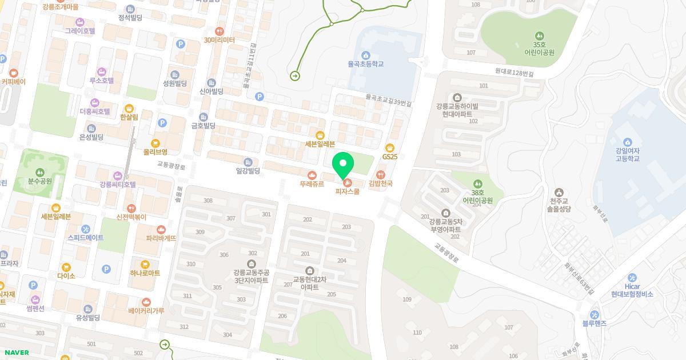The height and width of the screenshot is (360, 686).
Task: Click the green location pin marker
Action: pyautogui.click(x=343, y=165)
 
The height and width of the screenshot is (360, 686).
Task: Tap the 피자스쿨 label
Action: pyautogui.click(x=347, y=191)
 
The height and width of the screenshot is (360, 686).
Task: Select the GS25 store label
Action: pyautogui.click(x=390, y=157)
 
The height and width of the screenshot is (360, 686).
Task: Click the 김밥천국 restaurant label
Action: pyautogui.click(x=381, y=183)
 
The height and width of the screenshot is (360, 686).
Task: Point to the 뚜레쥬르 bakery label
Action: pyautogui.click(x=312, y=184)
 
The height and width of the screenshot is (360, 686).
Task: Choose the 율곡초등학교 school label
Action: pyautogui.click(x=365, y=64)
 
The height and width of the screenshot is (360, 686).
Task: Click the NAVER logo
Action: pyautogui.click(x=16, y=353)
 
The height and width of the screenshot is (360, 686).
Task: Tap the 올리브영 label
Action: pyautogui.click(x=155, y=152)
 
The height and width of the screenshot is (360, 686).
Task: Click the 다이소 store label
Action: pyautogui.click(x=66, y=275)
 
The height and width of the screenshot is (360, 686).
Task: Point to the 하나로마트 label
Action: pyautogui.click(x=145, y=273)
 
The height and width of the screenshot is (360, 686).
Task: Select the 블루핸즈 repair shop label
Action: pyautogui.click(x=595, y=323)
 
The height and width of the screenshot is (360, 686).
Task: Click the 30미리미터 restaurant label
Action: pyautogui.click(x=220, y=40)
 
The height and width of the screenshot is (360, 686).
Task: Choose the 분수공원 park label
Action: pyautogui.click(x=39, y=181)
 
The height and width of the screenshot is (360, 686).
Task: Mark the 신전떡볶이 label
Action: pyautogui.click(x=131, y=217)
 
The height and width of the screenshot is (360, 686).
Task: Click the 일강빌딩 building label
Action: pyautogui.click(x=248, y=170)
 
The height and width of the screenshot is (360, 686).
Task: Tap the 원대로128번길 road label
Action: pyautogui.click(x=514, y=73)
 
